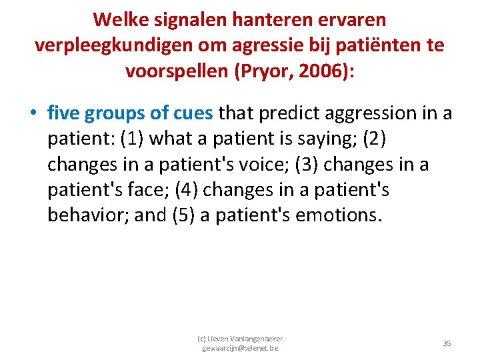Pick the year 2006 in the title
click(313, 71)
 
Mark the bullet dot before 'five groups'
click(33, 114)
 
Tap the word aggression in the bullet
click(381, 113)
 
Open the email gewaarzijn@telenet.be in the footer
click(241, 349)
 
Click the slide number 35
click(447, 343)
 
